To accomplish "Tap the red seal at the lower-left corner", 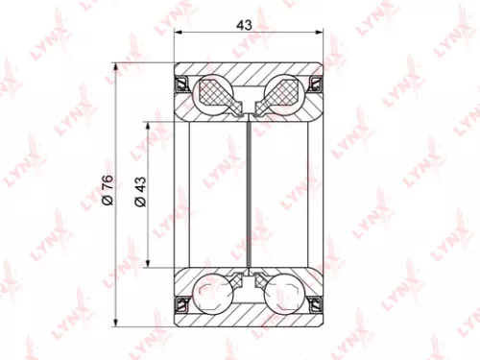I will pyautogui.click(x=180, y=305).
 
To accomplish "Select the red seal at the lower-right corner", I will pyautogui.click(x=317, y=305).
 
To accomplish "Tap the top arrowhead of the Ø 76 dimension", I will pyautogui.click(x=115, y=67).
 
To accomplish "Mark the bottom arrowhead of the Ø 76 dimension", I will pyautogui.click(x=115, y=323).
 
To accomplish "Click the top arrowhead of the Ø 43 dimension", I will pyautogui.click(x=149, y=125).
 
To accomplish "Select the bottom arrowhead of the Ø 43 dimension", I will pyautogui.click(x=149, y=266).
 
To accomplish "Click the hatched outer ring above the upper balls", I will pyautogui.click(x=249, y=72).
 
